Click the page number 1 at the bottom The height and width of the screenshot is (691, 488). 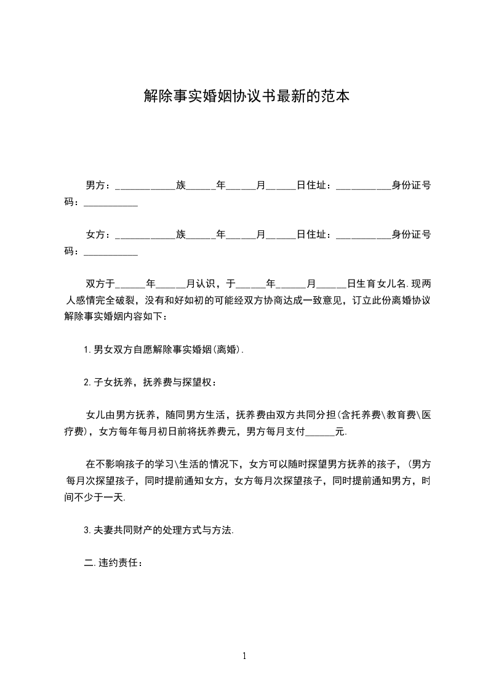click(x=244, y=656)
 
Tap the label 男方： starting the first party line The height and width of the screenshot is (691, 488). click(x=98, y=185)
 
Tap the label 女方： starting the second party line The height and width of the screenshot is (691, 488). click(x=98, y=235)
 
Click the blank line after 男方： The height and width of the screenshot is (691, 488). click(x=145, y=187)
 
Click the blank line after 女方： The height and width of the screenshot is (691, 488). click(x=145, y=236)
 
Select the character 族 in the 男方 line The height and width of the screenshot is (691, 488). click(x=181, y=185)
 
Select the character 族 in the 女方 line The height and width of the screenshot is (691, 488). click(x=181, y=235)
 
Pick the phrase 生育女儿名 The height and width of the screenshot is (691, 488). click(x=377, y=284)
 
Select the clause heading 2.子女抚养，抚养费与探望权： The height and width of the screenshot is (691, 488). click(x=150, y=382)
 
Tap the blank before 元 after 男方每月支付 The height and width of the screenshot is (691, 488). click(x=320, y=434)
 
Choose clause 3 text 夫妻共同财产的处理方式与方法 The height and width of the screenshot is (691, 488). click(x=159, y=530)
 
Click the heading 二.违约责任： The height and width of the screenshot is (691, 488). click(x=114, y=563)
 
